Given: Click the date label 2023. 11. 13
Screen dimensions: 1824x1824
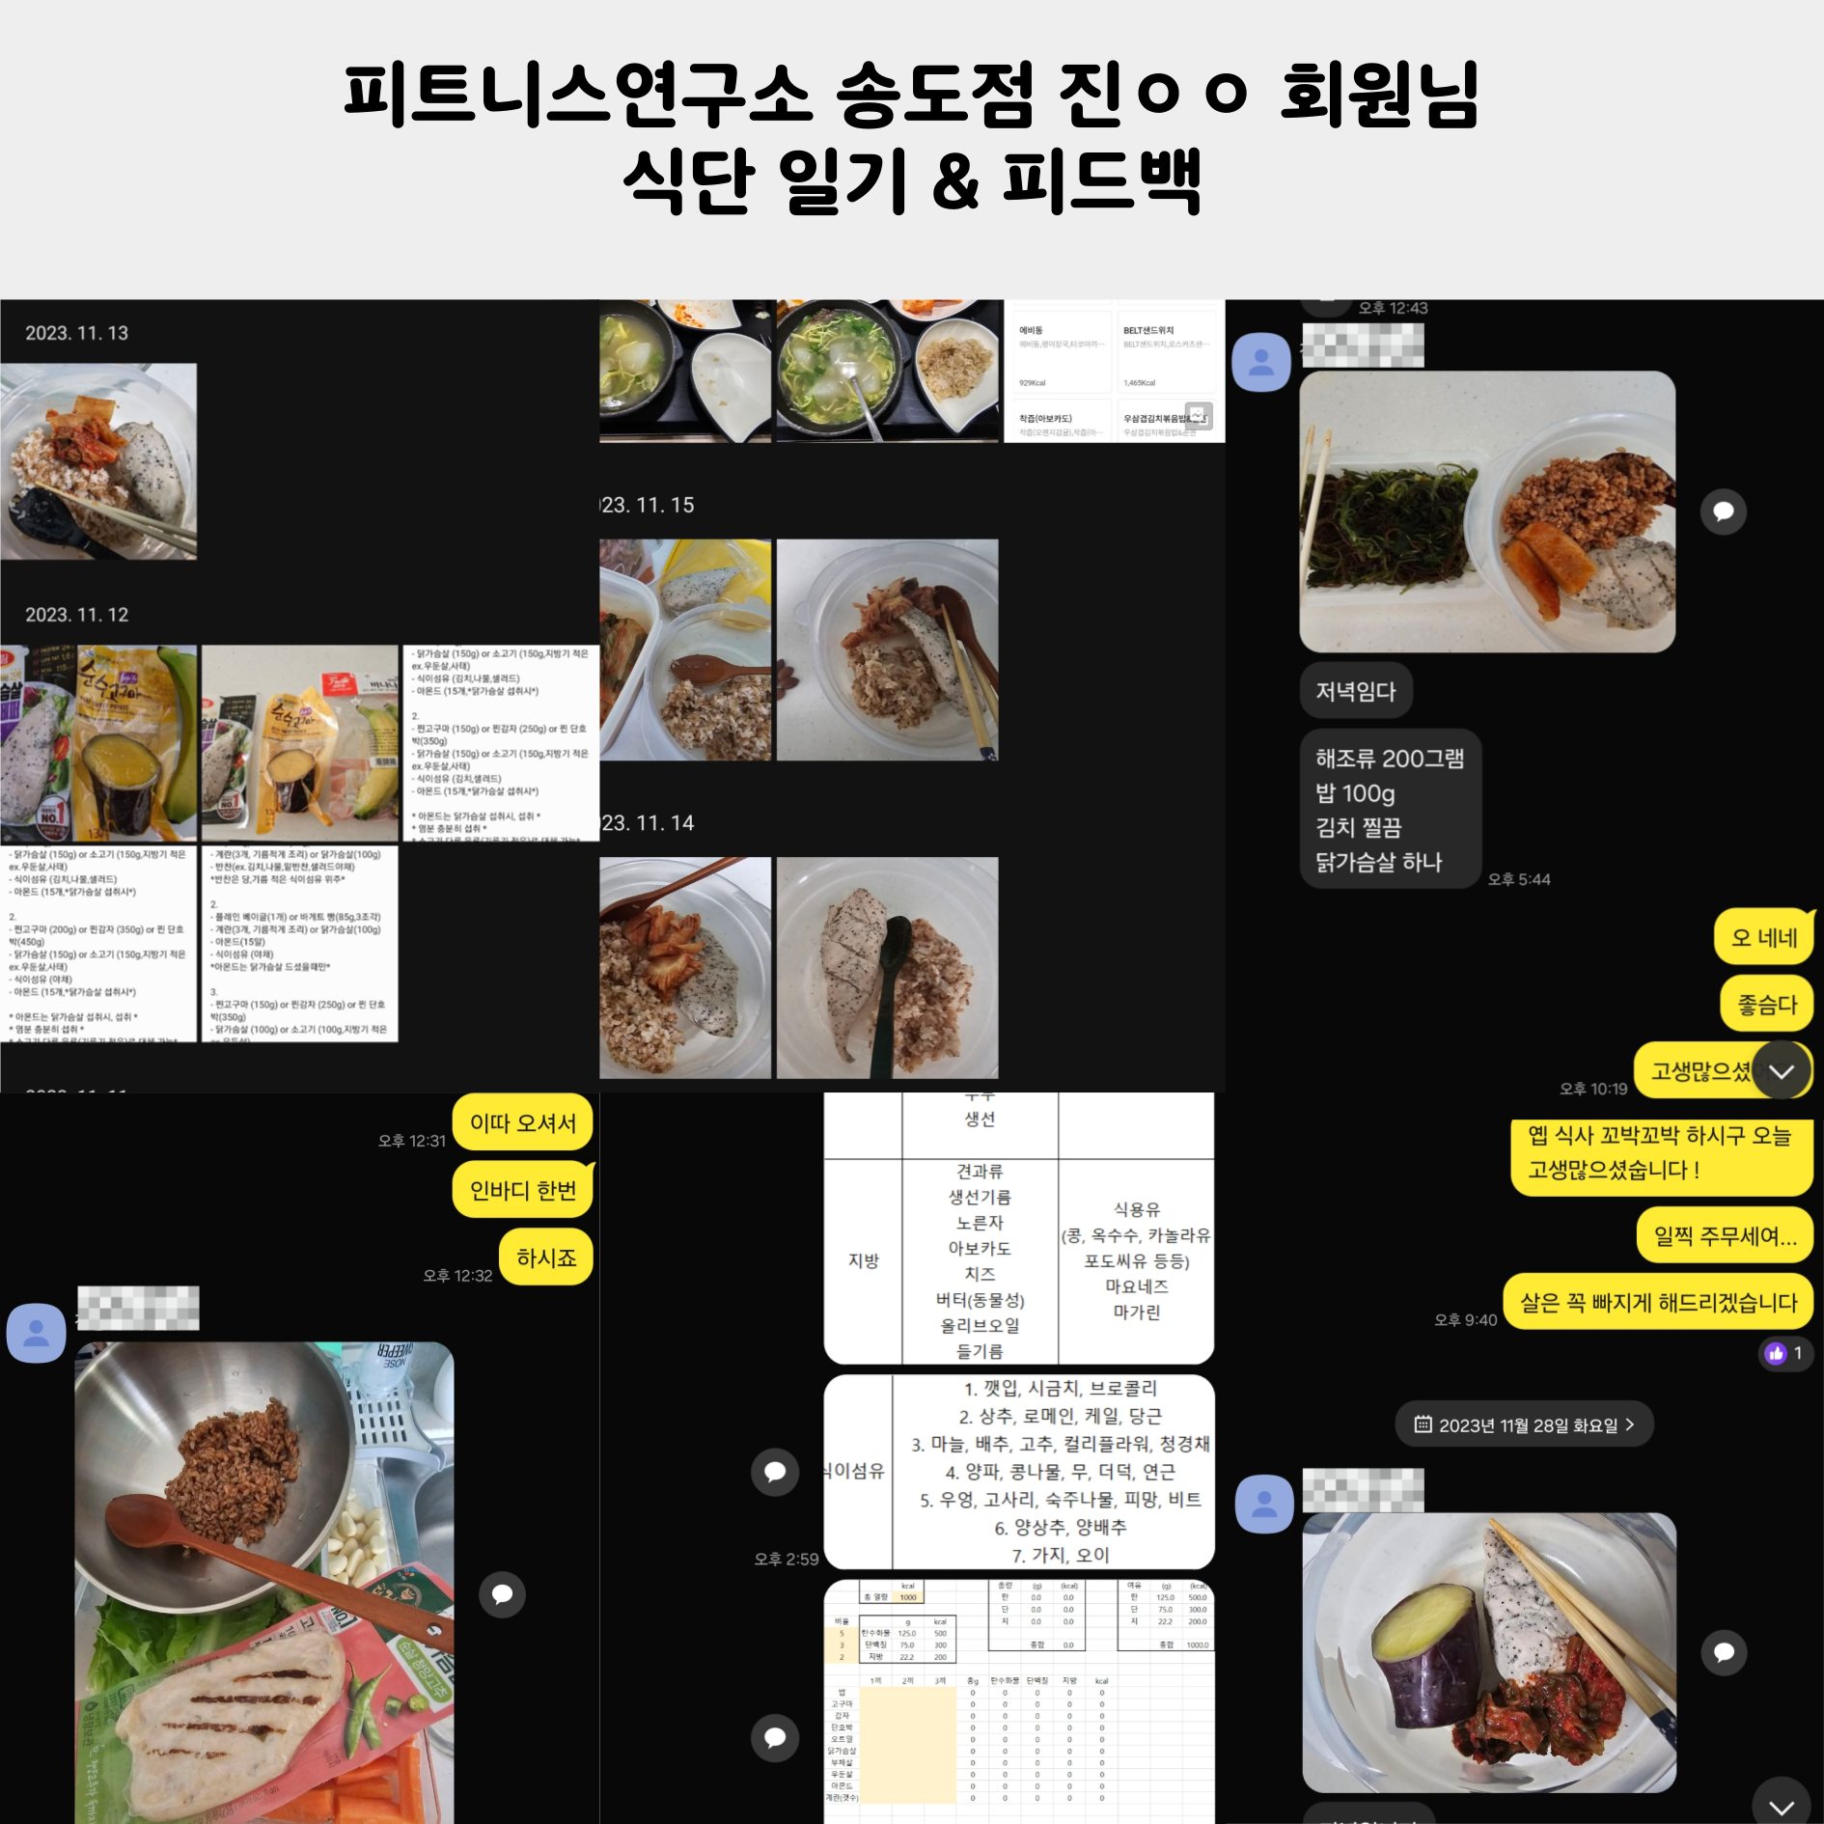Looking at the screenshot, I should (x=76, y=333).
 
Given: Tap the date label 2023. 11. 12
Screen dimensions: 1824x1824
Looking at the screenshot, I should (x=76, y=615).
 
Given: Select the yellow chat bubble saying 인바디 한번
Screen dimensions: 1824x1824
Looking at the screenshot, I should (x=522, y=1190).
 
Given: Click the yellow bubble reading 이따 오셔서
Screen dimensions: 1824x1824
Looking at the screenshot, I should (x=522, y=1122).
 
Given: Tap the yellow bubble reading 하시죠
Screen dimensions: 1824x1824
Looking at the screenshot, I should (x=545, y=1257).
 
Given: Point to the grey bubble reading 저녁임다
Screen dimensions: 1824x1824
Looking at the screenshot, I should (x=1355, y=691).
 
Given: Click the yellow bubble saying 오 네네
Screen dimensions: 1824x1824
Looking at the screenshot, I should (x=1763, y=937).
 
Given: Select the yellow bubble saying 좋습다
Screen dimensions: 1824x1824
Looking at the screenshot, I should (x=1766, y=1005).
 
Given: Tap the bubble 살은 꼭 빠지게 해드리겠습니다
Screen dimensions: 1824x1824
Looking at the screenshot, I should (x=1657, y=1303).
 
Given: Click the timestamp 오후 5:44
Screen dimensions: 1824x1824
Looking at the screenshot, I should (x=1518, y=879).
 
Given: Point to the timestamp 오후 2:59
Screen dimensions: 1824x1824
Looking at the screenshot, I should (x=786, y=1559).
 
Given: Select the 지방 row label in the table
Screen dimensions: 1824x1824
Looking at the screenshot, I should (x=863, y=1260).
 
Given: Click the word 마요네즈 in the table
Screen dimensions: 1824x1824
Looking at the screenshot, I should (x=1136, y=1286).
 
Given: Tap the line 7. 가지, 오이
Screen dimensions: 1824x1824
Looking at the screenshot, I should (x=1060, y=1555).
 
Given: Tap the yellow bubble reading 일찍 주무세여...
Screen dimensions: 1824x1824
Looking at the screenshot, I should (x=1724, y=1235).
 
